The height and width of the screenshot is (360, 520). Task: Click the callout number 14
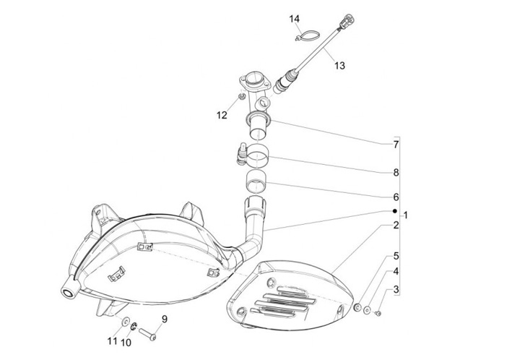pos(294,18)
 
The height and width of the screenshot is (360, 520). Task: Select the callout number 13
pos(339,65)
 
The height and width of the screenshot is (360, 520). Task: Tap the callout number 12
pos(222,115)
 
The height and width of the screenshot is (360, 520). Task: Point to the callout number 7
pos(396,145)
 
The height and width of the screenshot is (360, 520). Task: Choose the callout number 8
pos(396,173)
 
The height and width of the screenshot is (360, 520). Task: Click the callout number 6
pos(396,197)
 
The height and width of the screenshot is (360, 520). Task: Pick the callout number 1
pos(406,215)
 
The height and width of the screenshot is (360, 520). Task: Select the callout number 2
pos(396,226)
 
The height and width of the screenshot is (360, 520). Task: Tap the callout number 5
pos(396,256)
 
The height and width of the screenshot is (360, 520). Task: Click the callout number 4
pos(396,273)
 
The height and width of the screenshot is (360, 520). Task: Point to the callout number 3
pos(396,290)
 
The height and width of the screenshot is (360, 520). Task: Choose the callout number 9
pos(164,319)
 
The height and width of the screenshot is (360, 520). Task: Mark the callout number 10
pos(126,342)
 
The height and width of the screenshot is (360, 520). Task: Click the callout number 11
pos(112,340)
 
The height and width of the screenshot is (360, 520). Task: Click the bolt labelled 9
pos(147,334)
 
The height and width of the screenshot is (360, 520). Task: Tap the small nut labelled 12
pos(240,98)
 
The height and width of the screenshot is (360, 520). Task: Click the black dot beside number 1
pos(394,210)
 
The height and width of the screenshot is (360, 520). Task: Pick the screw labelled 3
pos(381,313)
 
